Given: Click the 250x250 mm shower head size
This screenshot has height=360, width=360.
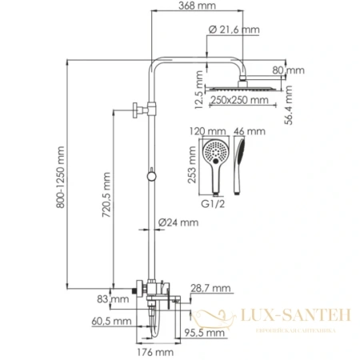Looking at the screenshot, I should [x=241, y=101].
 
